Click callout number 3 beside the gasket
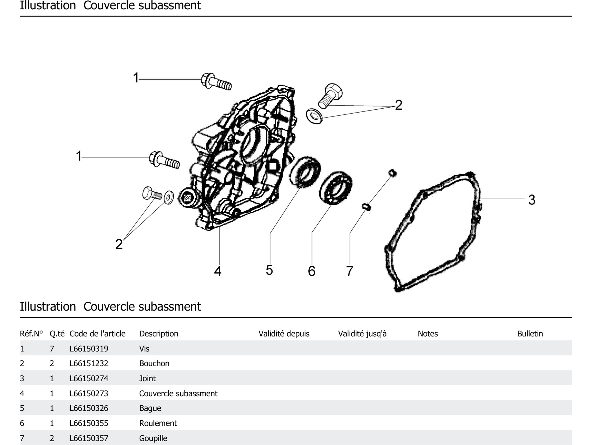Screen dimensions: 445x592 [531, 200]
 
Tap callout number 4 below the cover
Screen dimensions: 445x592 [218, 271]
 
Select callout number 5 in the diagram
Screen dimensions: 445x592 [269, 270]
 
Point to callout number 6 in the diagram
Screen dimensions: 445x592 [312, 271]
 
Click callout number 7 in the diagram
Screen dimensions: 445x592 [350, 271]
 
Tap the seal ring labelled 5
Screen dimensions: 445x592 [305, 172]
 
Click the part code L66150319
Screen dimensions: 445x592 [89, 349]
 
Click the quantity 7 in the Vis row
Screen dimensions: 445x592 [52, 349]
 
